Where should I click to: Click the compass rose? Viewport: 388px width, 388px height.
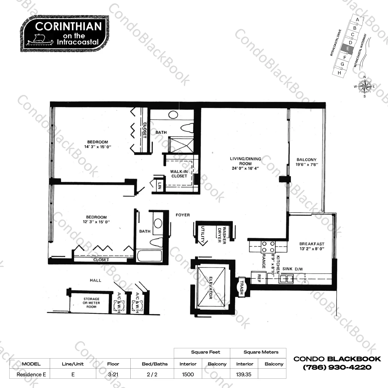coord(365,87)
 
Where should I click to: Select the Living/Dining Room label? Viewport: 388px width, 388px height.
coord(245,163)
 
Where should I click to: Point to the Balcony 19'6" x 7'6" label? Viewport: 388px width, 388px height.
coord(307,162)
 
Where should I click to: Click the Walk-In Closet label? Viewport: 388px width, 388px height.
coord(179,174)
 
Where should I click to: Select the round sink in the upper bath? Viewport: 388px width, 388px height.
coord(173,115)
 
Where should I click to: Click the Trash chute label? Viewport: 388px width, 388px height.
coord(242,287)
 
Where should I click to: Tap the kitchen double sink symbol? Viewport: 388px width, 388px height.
coord(286,279)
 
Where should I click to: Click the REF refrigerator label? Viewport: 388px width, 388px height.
coord(259,278)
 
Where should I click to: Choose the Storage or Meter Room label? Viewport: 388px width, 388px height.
coord(91,303)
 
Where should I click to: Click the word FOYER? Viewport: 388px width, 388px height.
coord(183,215)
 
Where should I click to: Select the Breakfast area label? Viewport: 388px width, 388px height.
coord(312,246)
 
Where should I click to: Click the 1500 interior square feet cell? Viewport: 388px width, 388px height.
coord(188,374)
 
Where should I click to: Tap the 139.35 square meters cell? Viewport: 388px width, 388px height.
coord(244,374)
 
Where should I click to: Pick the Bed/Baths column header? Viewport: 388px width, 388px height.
coord(155,364)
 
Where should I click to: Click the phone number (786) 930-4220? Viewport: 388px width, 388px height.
coord(337,367)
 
